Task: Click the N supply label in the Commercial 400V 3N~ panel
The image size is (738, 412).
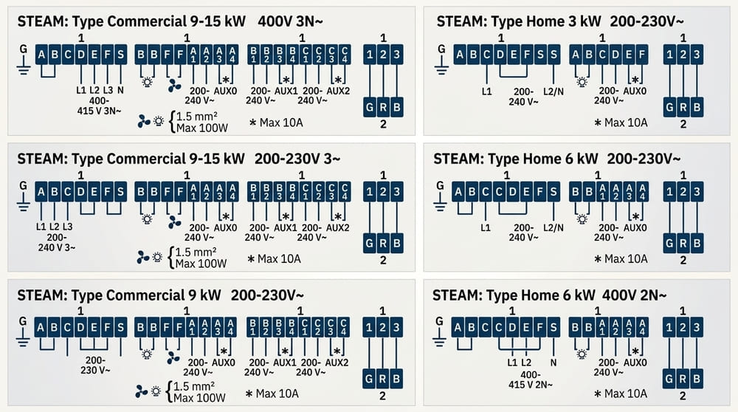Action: pos(120,90)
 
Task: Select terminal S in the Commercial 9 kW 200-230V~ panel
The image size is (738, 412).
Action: pos(120,327)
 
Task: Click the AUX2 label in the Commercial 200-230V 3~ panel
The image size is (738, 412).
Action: pos(338,227)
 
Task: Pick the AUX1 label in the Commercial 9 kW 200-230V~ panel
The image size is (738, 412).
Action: pos(285,363)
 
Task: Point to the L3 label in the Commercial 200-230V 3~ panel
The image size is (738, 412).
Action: pos(67,227)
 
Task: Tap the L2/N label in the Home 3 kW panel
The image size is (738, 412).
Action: pos(553,92)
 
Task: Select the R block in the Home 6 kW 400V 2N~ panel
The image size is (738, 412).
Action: pos(683,379)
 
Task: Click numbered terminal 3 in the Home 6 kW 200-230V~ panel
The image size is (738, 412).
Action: pos(696,192)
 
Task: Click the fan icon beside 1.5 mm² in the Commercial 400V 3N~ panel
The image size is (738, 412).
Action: pos(144,122)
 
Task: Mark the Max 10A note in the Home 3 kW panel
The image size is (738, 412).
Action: pos(621,123)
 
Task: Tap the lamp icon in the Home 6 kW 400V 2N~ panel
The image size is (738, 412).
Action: pos(582,354)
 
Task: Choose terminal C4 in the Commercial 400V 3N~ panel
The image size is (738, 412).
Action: pos(345,55)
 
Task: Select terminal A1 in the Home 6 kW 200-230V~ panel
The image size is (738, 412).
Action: pos(602,192)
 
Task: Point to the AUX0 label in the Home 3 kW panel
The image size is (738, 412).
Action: pos(635,91)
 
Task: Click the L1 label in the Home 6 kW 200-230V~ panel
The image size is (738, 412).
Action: pos(486,227)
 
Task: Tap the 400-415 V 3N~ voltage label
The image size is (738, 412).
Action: pos(99,106)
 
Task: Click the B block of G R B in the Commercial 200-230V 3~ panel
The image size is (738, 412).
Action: pos(397,243)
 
